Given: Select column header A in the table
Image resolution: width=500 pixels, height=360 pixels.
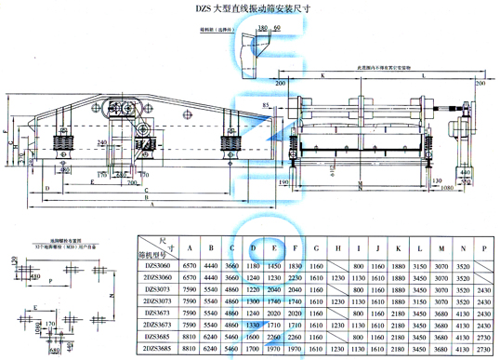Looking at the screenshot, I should (x=191, y=248).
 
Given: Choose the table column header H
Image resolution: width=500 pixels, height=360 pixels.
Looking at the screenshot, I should (x=336, y=248).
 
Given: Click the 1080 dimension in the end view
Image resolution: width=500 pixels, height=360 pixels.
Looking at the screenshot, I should (x=445, y=188).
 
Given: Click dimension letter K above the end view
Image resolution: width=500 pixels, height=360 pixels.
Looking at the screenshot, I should (x=321, y=73).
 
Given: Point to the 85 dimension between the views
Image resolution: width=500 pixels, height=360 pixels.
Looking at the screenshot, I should (x=268, y=109).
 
